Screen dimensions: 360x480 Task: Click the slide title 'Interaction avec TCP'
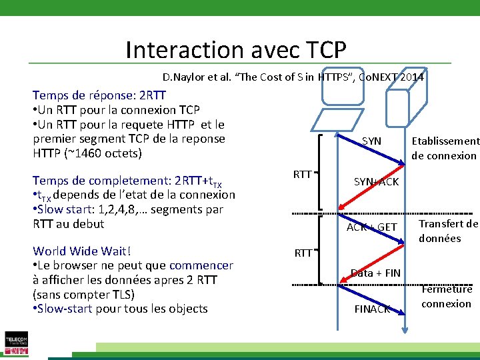click(235, 50)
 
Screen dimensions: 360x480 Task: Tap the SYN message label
click(371, 141)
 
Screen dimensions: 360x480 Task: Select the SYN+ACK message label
click(376, 182)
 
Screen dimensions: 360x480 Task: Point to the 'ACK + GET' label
click(372, 227)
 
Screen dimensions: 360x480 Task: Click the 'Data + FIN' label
click(375, 273)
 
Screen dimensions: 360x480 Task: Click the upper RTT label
click(303, 175)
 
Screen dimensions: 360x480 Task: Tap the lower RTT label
click(303, 253)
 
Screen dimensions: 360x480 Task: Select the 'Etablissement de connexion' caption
click(445, 148)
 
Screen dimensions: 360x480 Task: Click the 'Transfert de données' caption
click(448, 231)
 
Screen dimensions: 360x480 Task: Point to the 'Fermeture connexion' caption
click(447, 297)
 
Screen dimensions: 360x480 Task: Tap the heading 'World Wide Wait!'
click(81, 251)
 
